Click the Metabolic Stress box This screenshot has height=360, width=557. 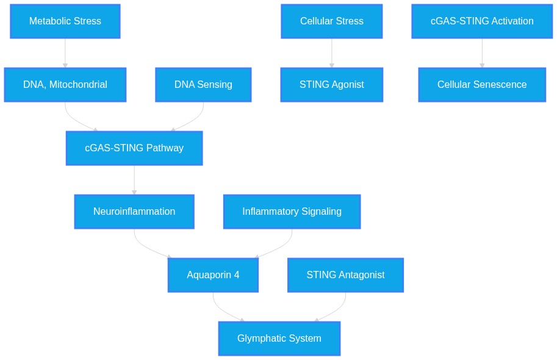(x=65, y=21)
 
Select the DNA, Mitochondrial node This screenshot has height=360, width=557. (x=65, y=85)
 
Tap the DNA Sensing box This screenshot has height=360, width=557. (x=203, y=85)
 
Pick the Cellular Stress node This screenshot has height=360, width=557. (x=331, y=21)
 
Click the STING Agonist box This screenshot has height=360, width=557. (x=331, y=85)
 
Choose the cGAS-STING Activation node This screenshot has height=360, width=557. (x=482, y=21)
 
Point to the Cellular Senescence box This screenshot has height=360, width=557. (x=482, y=85)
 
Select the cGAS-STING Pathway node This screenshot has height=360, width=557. (x=134, y=148)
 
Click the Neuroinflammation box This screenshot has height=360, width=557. (x=134, y=212)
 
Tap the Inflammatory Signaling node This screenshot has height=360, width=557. (x=292, y=212)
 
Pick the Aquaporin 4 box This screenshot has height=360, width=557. (x=213, y=275)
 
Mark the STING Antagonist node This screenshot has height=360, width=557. (x=346, y=275)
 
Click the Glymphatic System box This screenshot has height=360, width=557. (x=279, y=338)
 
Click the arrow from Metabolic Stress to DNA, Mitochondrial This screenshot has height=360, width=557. (x=65, y=53)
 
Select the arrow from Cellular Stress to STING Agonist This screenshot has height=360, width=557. (x=331, y=53)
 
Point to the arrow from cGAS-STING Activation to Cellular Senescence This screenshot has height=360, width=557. (x=482, y=53)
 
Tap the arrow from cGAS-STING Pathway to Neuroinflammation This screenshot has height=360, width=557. (x=134, y=180)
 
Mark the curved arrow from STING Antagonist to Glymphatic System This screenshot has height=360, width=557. (x=336, y=311)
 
